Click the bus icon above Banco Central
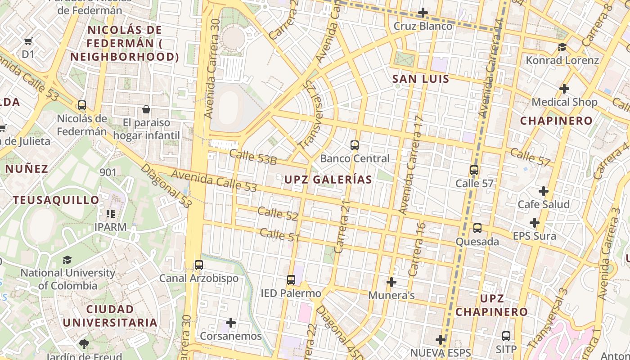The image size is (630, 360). pyautogui.click(x=355, y=145)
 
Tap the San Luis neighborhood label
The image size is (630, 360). pyautogui.click(x=420, y=79)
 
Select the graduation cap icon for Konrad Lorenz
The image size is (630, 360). pyautogui.click(x=562, y=47)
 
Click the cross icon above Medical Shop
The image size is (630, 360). pyautogui.click(x=564, y=89)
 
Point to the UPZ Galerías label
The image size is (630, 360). pyautogui.click(x=328, y=180)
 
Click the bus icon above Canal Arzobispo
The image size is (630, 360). pyautogui.click(x=199, y=265)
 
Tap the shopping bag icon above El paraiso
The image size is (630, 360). pyautogui.click(x=146, y=109)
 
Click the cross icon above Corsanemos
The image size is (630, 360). pyautogui.click(x=231, y=323)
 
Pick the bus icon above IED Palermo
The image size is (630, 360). pyautogui.click(x=291, y=280)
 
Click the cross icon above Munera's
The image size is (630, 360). pyautogui.click(x=391, y=282)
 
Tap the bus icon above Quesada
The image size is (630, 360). pyautogui.click(x=477, y=228)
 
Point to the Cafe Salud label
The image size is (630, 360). pyautogui.click(x=544, y=204)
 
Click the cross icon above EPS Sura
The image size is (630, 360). pyautogui.click(x=535, y=223)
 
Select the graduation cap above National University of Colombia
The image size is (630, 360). pyautogui.click(x=67, y=260)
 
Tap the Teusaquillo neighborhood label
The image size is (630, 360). pyautogui.click(x=56, y=200)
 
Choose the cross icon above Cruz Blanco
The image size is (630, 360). pyautogui.click(x=423, y=13)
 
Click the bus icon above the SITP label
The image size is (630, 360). pyautogui.click(x=506, y=336)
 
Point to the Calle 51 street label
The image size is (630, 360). pyautogui.click(x=279, y=234)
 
